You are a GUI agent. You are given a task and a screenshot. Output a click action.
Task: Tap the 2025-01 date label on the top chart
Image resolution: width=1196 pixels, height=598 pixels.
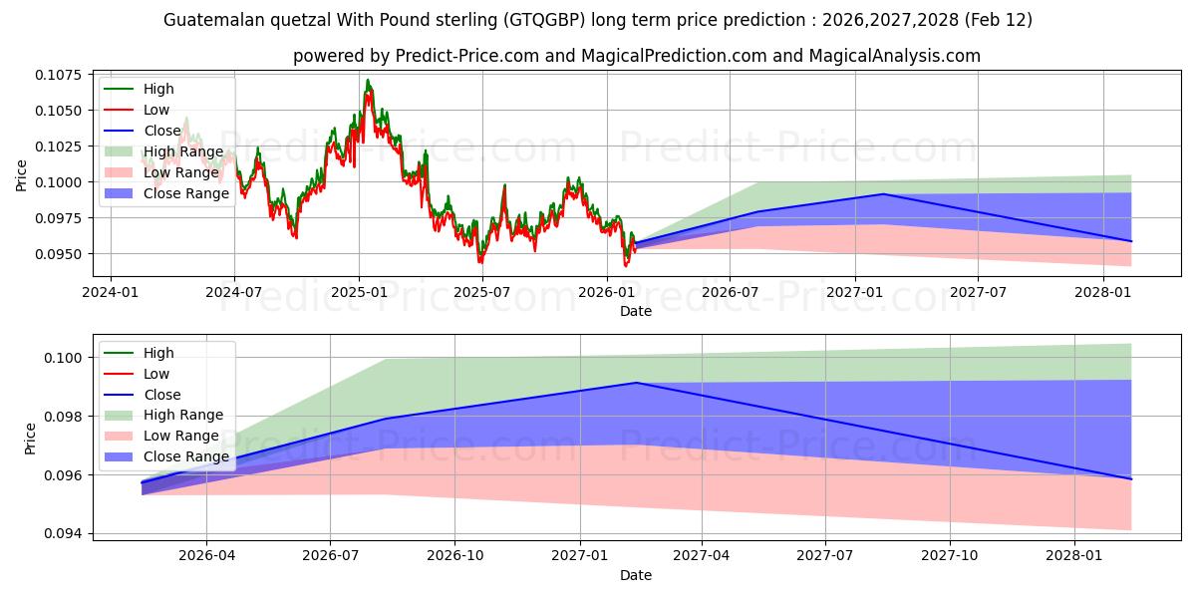(358, 292)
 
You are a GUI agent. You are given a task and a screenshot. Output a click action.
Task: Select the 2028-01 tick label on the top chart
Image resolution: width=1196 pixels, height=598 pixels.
(1102, 292)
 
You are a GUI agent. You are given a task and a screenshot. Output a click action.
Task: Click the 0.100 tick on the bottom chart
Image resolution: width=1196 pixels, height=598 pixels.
(65, 357)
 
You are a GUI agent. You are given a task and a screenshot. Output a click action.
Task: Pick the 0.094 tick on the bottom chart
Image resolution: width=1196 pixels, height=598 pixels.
(65, 534)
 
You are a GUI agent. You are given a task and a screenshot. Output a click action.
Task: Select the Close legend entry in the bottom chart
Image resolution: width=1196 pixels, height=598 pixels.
(162, 395)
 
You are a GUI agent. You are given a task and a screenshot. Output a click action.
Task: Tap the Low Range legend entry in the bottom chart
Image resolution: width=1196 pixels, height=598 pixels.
(182, 436)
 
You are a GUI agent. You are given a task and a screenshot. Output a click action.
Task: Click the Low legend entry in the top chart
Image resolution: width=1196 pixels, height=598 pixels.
(156, 110)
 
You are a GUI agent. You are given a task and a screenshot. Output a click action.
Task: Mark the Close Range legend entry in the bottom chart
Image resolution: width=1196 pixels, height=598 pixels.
(186, 456)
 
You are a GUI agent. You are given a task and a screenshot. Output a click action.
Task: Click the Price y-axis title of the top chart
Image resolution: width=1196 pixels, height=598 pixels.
(22, 175)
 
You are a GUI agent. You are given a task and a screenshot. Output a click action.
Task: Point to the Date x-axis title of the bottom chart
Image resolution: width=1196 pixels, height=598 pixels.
(636, 575)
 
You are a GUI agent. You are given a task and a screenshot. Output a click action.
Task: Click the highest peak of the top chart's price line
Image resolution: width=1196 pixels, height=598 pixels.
(368, 80)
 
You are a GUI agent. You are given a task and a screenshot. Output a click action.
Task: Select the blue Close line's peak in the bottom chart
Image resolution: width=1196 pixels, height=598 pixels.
(636, 383)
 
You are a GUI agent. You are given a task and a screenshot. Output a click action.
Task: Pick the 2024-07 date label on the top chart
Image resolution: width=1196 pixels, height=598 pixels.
(234, 292)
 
